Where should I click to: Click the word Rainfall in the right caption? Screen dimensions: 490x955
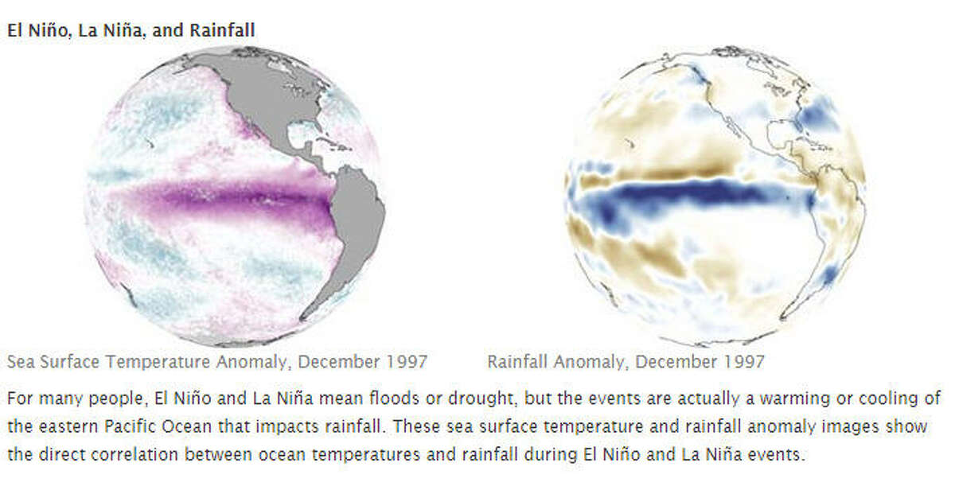tap(519, 362)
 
